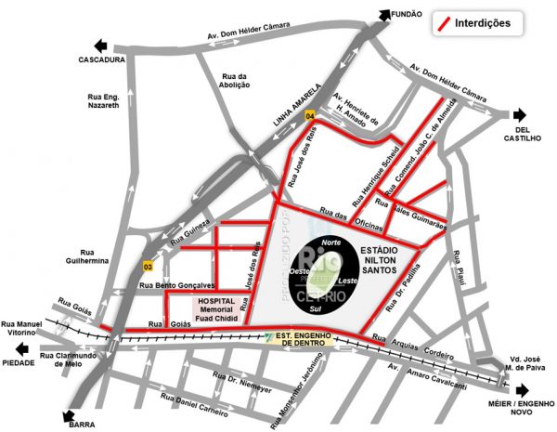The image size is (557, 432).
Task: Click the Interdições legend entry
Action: pyautogui.click(x=482, y=22)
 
